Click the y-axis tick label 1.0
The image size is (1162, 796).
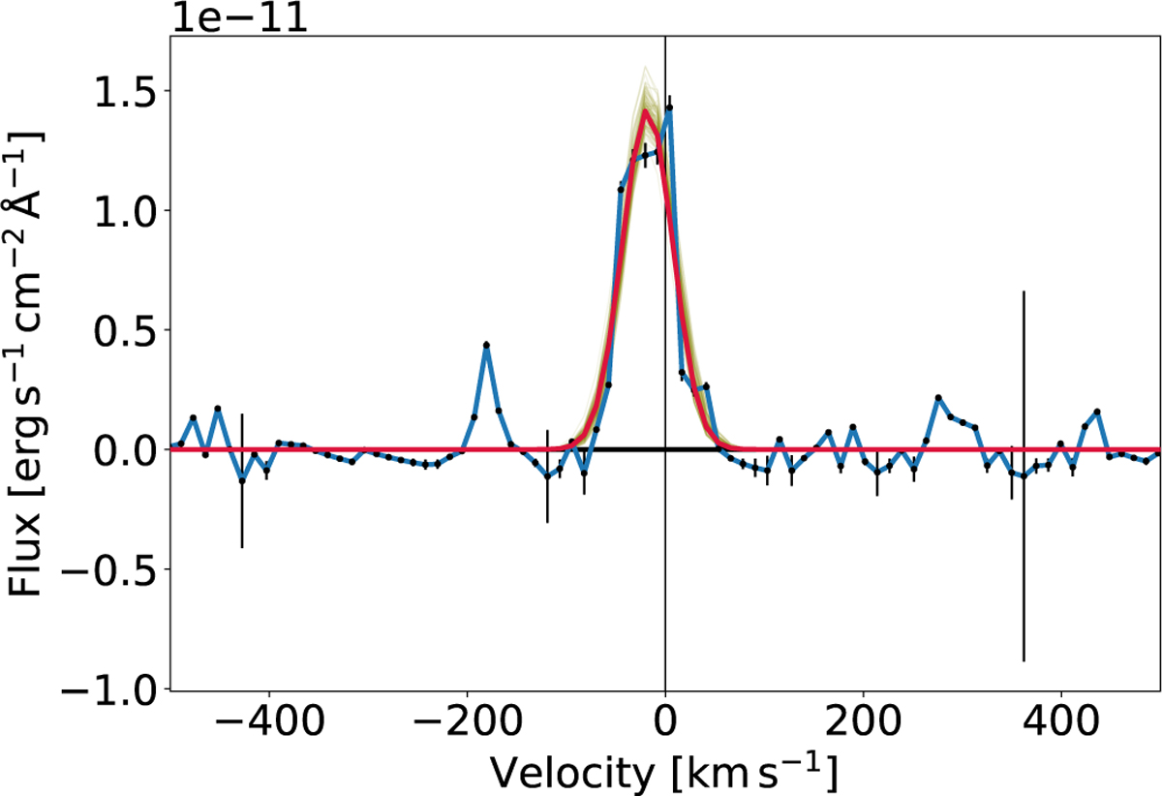(x=113, y=210)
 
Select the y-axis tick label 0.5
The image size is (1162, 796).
(x=113, y=330)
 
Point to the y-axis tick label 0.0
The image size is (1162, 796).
(x=113, y=450)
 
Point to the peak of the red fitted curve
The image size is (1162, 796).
(x=645, y=112)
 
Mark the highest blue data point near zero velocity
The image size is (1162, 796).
(x=668, y=109)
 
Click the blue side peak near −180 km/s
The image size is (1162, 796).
(x=486, y=345)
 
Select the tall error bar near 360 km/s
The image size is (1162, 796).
(x=1024, y=475)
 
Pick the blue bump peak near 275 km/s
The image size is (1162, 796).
(x=938, y=398)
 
